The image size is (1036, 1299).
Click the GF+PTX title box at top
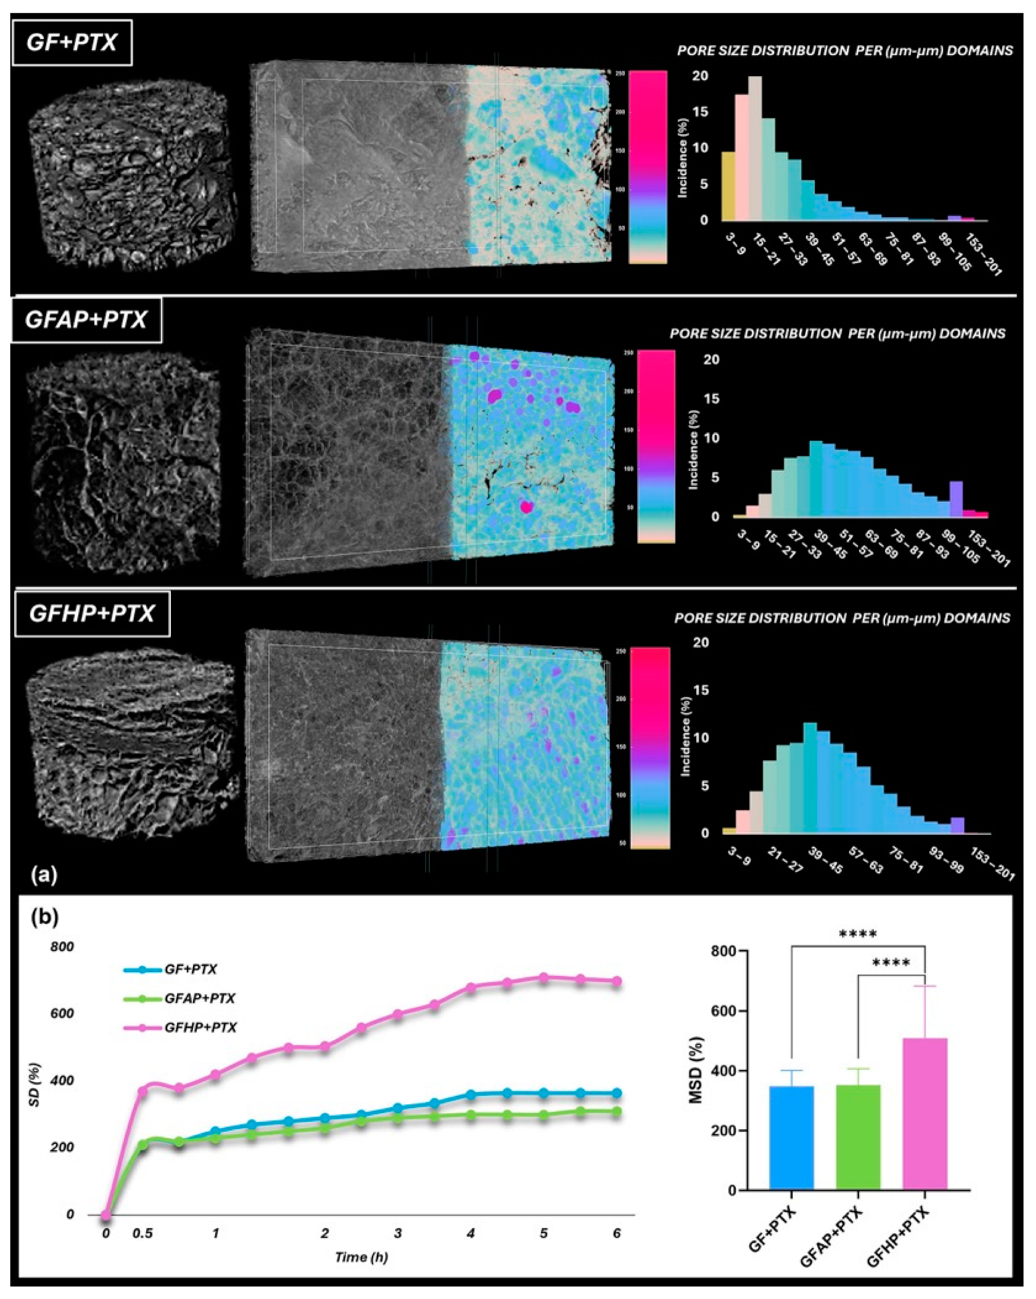71,43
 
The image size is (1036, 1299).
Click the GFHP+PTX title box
92,615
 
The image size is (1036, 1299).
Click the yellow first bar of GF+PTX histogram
728,187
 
